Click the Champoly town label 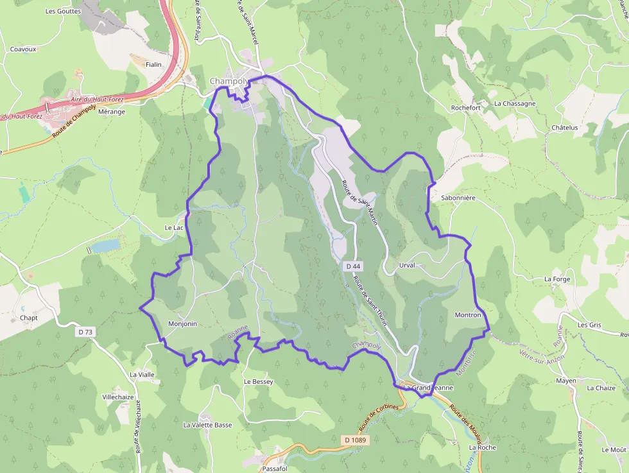[228, 81]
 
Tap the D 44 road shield [352, 266]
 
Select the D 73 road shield [85, 332]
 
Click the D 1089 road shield [355, 440]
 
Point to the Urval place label [406, 265]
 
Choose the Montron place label [467, 315]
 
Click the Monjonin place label [182, 324]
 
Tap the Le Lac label [174, 228]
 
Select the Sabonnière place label [458, 198]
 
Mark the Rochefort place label [466, 108]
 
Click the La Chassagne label [515, 103]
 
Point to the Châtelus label [565, 128]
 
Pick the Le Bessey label [258, 382]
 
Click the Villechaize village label [118, 397]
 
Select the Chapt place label [29, 318]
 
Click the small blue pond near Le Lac [105, 245]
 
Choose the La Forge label [556, 279]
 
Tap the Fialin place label [153, 65]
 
